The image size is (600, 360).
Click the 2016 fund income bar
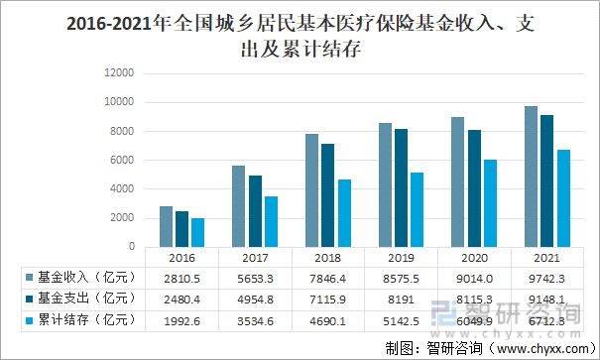pyautogui.click(x=167, y=226)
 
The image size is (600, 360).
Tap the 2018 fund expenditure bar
pyautogui.click(x=327, y=194)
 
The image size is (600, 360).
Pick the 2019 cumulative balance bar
pyautogui.click(x=417, y=209)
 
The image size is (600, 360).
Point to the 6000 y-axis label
pyautogui.click(x=121, y=161)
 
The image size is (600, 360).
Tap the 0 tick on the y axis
pyautogui.click(x=130, y=247)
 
